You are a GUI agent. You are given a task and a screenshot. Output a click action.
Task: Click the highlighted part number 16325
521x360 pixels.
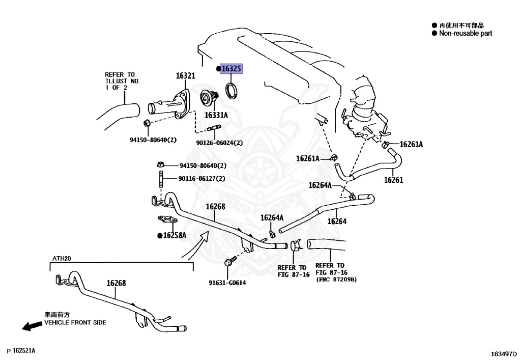click(x=231, y=69)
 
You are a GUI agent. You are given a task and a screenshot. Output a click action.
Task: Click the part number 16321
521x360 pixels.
click(x=185, y=76)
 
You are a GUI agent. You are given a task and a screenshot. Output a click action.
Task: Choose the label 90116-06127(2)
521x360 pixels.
click(x=201, y=178)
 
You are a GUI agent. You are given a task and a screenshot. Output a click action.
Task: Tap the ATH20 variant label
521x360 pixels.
click(x=62, y=259)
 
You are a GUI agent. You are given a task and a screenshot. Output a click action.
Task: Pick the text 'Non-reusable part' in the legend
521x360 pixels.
click(x=466, y=33)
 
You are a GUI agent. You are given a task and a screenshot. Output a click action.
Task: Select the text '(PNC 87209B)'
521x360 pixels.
click(x=336, y=280)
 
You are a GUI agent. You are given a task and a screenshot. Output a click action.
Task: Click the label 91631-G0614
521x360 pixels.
click(x=227, y=283)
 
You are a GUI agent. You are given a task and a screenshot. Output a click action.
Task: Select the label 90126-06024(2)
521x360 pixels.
click(x=215, y=143)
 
